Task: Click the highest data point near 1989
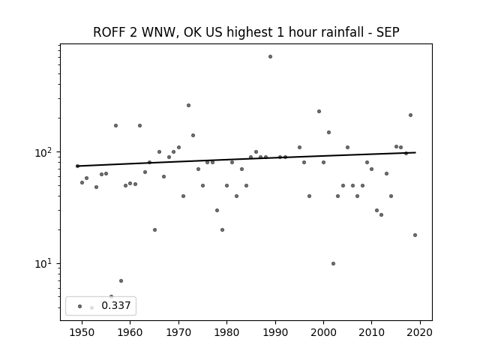(x=270, y=57)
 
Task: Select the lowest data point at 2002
(x=333, y=263)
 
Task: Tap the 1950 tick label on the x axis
(x=82, y=332)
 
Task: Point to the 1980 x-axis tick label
(x=226, y=332)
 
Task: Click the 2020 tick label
(x=420, y=332)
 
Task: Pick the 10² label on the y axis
(x=45, y=152)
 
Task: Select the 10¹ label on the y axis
(x=45, y=263)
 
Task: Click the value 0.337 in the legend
(x=116, y=305)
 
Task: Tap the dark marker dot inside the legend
(x=80, y=306)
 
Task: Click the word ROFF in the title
(x=109, y=32)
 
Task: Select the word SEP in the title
(x=388, y=32)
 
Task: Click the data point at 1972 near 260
(x=188, y=105)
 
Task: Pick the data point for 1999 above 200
(x=319, y=112)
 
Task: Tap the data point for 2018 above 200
(x=410, y=115)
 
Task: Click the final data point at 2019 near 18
(x=415, y=235)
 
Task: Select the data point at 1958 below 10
(x=121, y=280)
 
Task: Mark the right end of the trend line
(x=415, y=152)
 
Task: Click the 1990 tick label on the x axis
(x=275, y=332)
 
